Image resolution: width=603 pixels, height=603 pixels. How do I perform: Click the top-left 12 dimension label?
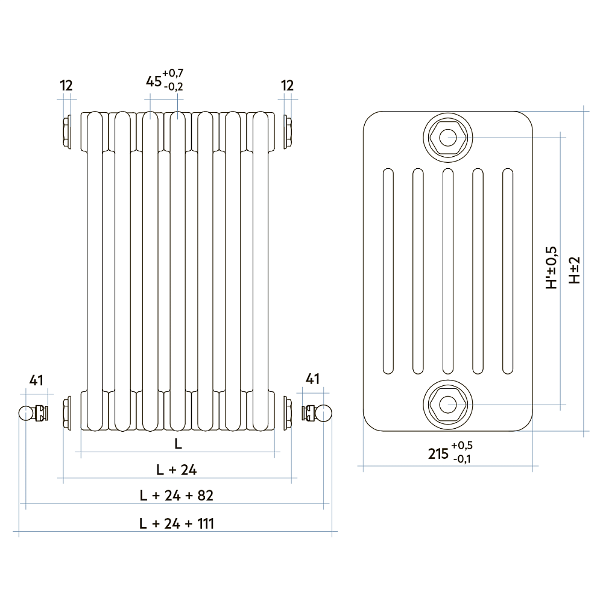point(66,86)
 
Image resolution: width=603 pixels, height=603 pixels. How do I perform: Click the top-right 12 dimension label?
point(287,86)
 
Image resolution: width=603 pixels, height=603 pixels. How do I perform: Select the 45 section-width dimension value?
point(154,81)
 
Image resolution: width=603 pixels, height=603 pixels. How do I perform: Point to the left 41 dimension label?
point(36,380)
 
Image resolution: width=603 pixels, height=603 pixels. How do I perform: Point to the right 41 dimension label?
point(312,380)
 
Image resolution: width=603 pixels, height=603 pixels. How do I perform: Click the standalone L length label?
point(177,444)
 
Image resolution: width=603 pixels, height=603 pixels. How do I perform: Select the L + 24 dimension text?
point(177,469)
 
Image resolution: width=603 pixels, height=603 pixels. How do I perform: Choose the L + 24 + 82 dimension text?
point(177,496)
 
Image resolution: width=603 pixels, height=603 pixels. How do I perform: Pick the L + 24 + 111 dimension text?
point(177,523)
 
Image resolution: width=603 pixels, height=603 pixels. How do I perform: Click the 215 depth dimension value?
point(438,454)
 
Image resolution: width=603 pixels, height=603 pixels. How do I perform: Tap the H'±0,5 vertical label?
point(552,268)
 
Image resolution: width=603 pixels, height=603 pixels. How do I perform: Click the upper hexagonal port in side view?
point(447,137)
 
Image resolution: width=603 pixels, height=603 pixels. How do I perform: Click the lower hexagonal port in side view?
point(447,403)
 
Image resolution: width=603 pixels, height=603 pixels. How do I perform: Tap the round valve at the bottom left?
point(26,414)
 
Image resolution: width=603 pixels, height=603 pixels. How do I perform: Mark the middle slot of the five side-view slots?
point(447,271)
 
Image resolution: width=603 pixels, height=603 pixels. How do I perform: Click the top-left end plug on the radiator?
point(66,131)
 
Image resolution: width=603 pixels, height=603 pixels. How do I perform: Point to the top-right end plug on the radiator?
point(287,131)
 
